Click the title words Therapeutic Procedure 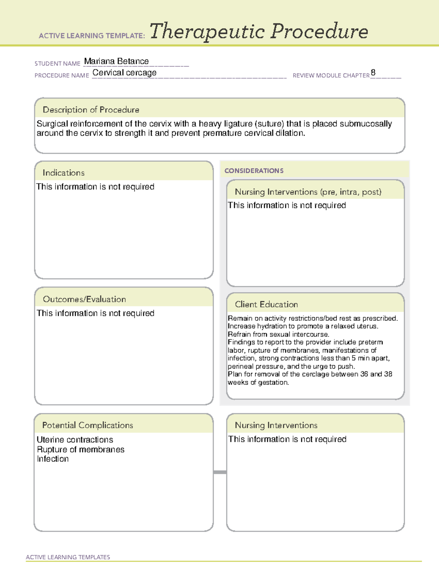pos(259,31)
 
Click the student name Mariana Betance pos(116,61)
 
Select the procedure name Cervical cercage pos(124,73)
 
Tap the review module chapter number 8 pos(373,72)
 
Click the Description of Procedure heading pos(91,110)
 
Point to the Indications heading pos(63,173)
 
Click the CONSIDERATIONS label pos(254,171)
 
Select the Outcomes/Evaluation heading pos(84,299)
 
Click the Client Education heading pos(266,304)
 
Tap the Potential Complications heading pos(87,425)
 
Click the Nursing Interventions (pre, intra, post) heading pos(308,192)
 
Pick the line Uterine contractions pos(75,440)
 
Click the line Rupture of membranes pos(80,449)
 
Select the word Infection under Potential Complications pos(53,459)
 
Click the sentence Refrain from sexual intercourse pos(278,334)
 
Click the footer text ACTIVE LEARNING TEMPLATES pos(68,557)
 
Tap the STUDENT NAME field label pos(57,64)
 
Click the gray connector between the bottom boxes pos(220,472)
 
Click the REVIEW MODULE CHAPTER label pos(331,75)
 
